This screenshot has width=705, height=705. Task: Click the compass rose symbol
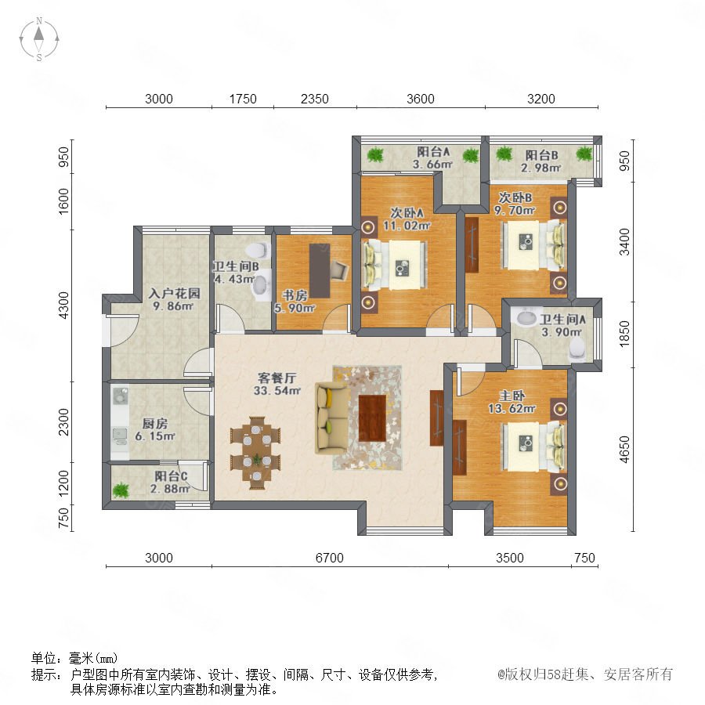coord(39,39)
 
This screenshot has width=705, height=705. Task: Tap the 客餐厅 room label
coord(277,378)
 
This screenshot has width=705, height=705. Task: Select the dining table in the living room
coord(256,453)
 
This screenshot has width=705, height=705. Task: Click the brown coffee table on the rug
coord(373,418)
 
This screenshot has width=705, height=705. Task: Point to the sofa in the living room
coord(331,418)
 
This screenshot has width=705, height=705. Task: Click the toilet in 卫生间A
coord(578,350)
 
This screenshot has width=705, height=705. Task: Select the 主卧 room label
coord(512,396)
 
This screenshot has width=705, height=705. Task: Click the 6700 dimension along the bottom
coord(330,558)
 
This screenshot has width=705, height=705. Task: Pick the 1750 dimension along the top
coord(243,99)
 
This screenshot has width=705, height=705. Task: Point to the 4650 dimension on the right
coord(624,449)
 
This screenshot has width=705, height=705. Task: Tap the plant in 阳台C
coord(121,490)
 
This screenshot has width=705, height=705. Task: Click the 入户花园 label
coord(175,294)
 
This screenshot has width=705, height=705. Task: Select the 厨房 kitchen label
coord(154,424)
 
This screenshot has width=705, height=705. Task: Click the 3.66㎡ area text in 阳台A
coord(432,164)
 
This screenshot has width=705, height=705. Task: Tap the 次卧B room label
coord(515,198)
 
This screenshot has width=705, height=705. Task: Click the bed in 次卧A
coord(396,266)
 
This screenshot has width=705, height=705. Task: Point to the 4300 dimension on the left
coord(64,305)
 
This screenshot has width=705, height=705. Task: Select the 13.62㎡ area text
coord(512,409)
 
